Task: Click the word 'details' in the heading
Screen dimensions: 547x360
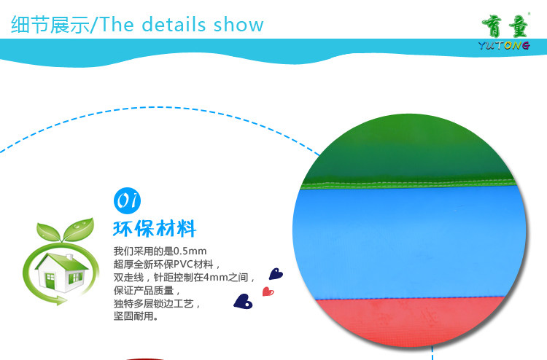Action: tap(174, 24)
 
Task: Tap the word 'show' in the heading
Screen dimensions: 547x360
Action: tap(238, 24)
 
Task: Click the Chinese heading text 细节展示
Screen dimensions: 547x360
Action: tap(50, 24)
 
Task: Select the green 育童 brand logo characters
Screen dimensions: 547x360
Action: tap(505, 26)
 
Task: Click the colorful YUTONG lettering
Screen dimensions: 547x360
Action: tap(504, 45)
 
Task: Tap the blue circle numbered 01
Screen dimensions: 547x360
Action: tap(128, 200)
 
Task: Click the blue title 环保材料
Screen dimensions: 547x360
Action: tap(155, 229)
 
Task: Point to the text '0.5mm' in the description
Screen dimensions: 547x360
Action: tap(190, 251)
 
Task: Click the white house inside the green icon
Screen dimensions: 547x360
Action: tap(61, 273)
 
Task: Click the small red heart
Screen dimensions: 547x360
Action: tap(268, 291)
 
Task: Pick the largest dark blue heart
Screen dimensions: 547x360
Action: tap(243, 302)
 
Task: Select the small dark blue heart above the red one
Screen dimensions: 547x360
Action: tap(276, 274)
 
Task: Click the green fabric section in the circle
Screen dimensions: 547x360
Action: tap(408, 150)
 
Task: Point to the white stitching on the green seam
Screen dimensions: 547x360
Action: tap(408, 183)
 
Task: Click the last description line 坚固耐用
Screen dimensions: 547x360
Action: tap(136, 316)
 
